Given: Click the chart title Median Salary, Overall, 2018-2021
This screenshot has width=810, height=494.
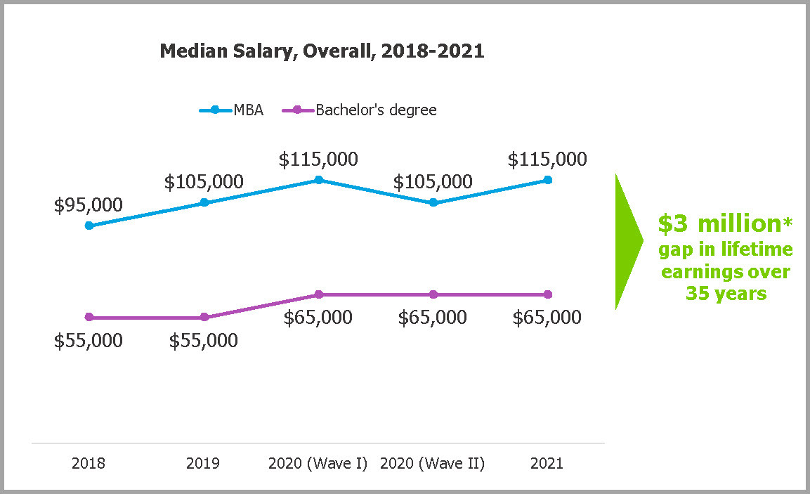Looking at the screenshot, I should (322, 51).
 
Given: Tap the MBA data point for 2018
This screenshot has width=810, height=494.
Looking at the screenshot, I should (89, 226).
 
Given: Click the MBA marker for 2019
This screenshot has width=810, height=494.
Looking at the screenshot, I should (204, 202).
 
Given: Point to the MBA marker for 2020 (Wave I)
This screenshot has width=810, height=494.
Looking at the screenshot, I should (318, 180).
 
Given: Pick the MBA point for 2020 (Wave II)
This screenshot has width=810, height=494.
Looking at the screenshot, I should (433, 202).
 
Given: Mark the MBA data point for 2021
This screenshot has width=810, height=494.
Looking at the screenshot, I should (548, 180).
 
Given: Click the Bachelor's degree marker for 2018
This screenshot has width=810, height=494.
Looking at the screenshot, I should (89, 317).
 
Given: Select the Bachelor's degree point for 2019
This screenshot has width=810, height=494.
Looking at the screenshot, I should (204, 317).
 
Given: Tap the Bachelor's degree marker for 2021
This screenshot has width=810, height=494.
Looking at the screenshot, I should (548, 294).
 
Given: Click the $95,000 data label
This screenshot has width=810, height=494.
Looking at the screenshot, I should (89, 205).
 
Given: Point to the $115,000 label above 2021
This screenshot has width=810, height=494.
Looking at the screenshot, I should (547, 160).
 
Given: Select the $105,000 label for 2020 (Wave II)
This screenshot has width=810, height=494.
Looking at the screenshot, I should (433, 182).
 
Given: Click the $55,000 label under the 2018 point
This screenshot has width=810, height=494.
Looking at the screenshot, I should (89, 341).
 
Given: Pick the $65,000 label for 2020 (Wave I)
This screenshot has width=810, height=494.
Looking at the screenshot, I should (318, 318).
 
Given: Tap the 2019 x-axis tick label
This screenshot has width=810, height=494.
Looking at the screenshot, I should (204, 464).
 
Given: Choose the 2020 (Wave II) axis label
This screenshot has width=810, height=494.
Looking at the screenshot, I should (433, 464).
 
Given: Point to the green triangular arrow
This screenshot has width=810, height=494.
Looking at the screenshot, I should (627, 241).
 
